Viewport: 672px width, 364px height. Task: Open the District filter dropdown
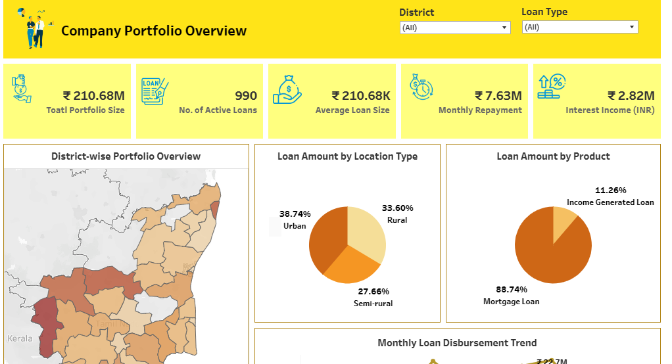[x=455, y=28]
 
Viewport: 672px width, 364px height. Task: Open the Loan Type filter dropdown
[x=580, y=27]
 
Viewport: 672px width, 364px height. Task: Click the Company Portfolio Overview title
[x=154, y=31]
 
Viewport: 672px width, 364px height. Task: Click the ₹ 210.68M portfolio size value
[x=93, y=96]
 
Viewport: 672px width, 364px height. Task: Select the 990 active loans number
[x=246, y=96]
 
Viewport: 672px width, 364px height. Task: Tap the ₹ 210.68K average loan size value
[x=360, y=96]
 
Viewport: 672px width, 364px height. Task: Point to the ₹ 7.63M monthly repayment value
[x=498, y=96]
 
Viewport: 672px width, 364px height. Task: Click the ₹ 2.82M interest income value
[x=631, y=96]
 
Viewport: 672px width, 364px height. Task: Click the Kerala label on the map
[x=20, y=338]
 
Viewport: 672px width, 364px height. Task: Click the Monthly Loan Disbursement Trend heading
[x=457, y=343]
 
